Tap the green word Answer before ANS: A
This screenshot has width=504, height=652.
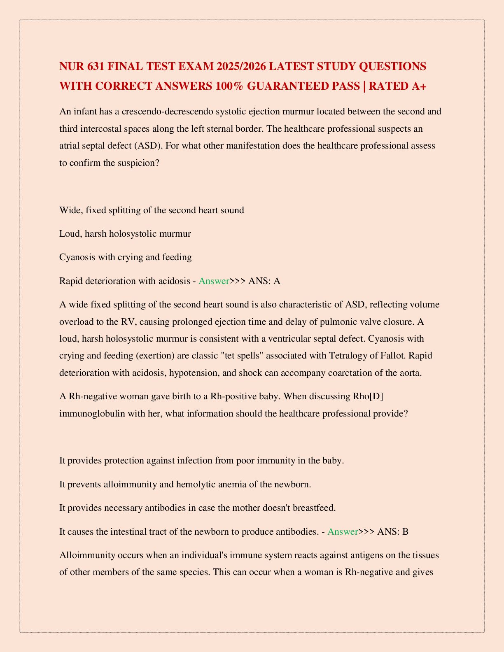pyautogui.click(x=214, y=281)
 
